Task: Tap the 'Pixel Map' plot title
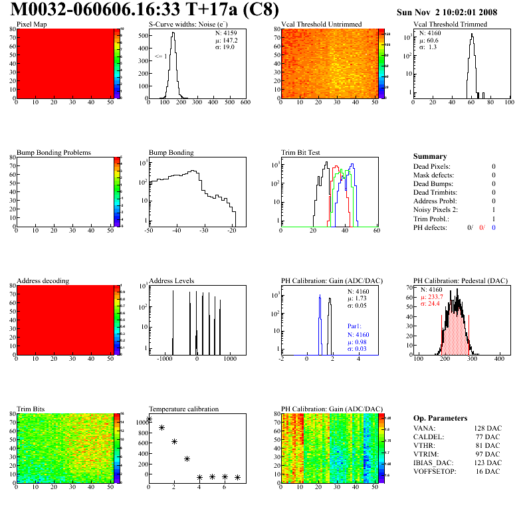point(31,25)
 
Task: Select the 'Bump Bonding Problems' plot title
point(53,152)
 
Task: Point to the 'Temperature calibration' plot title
point(183,409)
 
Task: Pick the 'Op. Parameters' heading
point(440,418)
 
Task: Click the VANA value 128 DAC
point(488,428)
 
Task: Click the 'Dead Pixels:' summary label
point(431,166)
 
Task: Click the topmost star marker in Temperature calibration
point(149,419)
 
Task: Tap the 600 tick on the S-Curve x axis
point(245,103)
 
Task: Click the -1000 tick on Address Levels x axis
point(163,359)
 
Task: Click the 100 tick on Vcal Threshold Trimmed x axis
point(509,103)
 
